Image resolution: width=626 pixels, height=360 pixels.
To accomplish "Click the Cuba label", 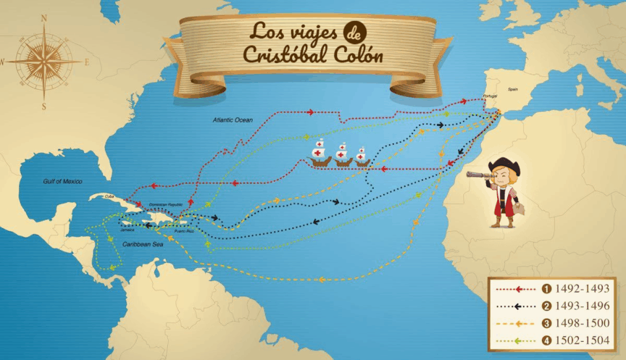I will point(111,196).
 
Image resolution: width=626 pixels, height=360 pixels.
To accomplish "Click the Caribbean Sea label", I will point(143,245).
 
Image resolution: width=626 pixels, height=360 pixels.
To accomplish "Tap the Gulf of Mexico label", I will point(63,181).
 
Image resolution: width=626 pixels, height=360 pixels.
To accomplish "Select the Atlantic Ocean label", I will point(232,119).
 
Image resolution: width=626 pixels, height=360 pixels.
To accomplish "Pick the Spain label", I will point(513,89).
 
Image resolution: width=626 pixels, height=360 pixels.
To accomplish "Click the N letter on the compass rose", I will point(43,17).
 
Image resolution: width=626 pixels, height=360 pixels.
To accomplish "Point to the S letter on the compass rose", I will point(44,106).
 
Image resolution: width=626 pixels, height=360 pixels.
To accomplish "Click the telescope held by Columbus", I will point(479,175).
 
